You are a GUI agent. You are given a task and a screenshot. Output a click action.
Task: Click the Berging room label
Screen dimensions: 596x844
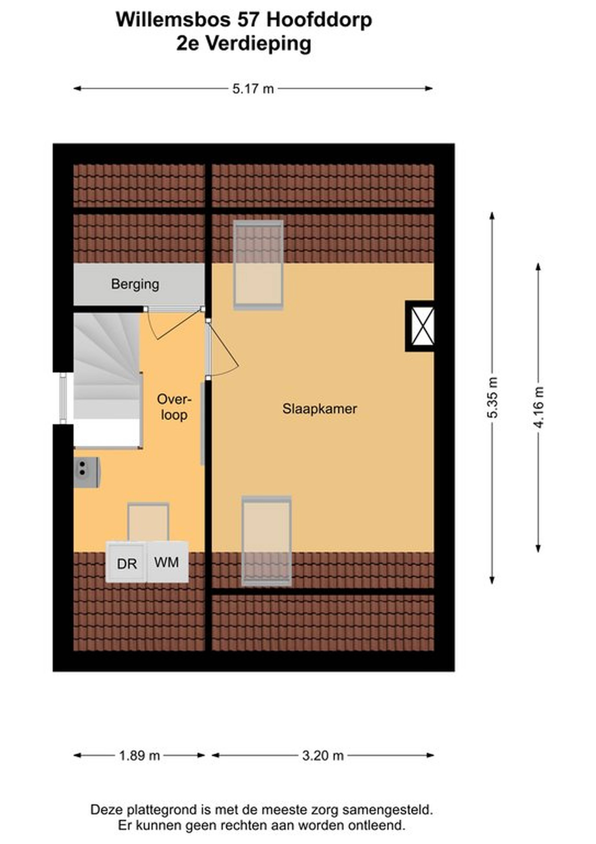pyautogui.click(x=135, y=284)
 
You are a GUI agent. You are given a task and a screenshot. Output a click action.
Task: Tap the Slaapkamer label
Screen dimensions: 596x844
pyautogui.click(x=319, y=409)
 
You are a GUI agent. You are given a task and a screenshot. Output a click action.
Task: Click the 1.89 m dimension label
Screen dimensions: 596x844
pyautogui.click(x=140, y=756)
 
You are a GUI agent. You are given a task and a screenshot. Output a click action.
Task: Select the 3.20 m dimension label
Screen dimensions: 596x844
pyautogui.click(x=323, y=756)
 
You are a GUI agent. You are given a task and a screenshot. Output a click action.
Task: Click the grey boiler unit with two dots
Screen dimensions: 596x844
pyautogui.click(x=86, y=472)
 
